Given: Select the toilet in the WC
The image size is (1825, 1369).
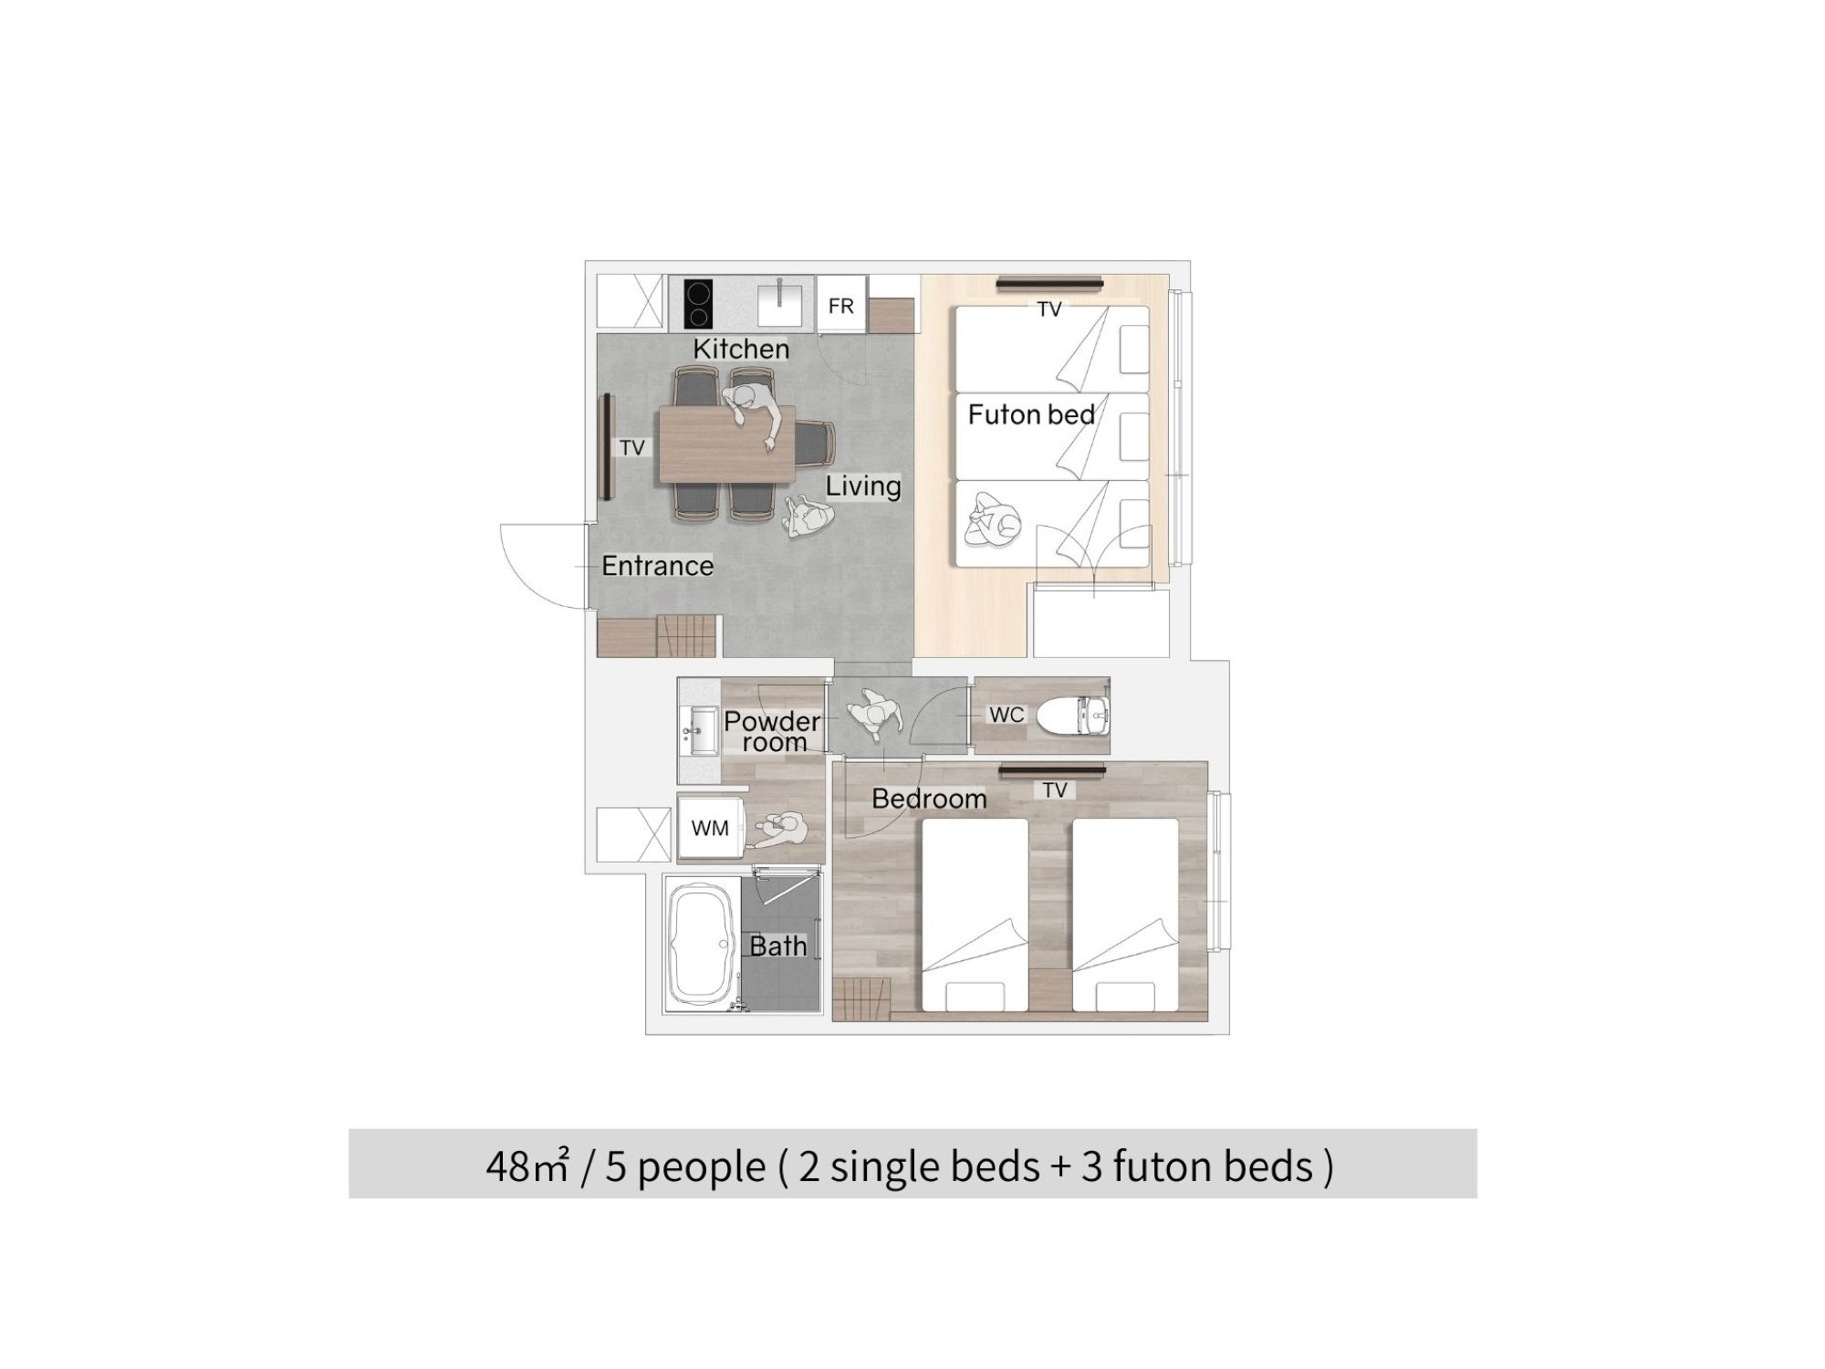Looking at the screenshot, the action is pos(1072,716).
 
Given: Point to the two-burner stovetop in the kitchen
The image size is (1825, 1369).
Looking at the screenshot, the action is pos(698,304).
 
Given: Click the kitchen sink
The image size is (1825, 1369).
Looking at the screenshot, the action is pos(779,304).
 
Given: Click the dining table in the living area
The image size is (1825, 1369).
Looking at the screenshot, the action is pos(727,444).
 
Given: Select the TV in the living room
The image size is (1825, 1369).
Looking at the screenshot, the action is pos(605,447).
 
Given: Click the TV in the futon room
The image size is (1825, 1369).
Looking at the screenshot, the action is pos(1048,284).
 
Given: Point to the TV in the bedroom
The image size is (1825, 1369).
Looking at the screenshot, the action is pos(1051,771).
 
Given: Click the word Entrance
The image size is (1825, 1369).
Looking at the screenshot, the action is pos(657,566).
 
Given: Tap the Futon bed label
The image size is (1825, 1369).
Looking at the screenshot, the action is pos(1031,414).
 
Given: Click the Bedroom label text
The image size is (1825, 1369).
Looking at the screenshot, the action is pos(929,799).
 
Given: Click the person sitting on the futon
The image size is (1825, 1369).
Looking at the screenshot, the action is pos(993,520).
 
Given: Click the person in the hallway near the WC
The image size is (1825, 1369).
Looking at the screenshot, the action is pos(874,714).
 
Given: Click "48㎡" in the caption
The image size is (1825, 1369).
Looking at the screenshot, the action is pos(527,1166).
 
